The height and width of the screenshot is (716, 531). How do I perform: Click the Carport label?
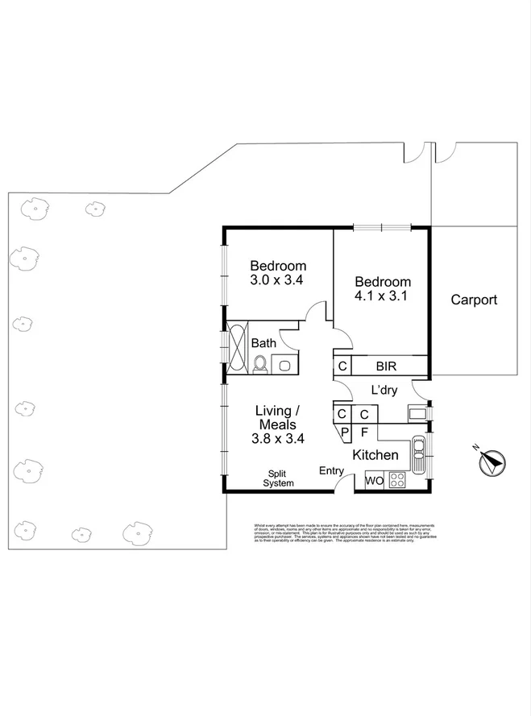473,300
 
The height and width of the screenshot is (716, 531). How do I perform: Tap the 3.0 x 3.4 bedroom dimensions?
277,281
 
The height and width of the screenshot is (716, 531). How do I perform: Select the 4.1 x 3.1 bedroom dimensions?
383,296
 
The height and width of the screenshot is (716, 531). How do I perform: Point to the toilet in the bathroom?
259,365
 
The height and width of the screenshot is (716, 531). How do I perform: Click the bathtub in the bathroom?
239,347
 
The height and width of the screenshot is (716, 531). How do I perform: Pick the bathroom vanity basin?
284,365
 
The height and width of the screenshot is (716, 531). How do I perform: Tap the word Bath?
263,343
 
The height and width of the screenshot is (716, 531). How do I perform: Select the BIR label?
386,366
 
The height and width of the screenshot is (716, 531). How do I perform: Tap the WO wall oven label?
374,481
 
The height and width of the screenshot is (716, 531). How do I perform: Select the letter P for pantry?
343,432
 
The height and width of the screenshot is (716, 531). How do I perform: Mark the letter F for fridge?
364,432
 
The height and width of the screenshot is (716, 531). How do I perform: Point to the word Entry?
332,470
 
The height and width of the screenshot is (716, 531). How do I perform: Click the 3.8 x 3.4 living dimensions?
277,439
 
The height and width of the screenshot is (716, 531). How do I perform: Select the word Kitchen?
375,455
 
